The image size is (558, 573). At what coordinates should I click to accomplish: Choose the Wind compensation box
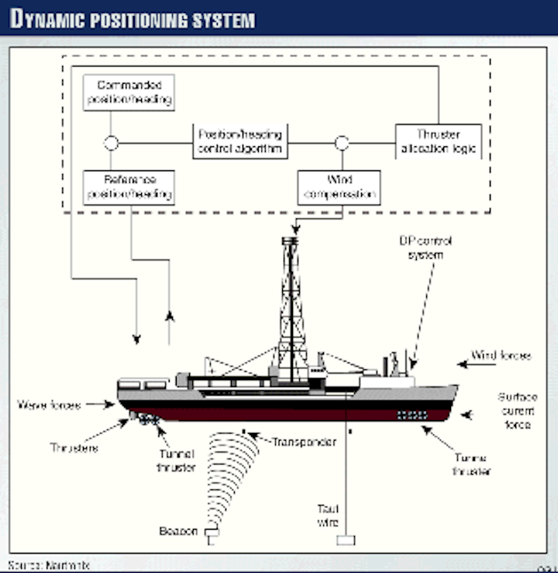coord(339,187)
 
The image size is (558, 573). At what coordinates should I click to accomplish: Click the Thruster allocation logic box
coord(438,140)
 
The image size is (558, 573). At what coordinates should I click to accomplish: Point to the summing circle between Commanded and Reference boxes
coord(111,143)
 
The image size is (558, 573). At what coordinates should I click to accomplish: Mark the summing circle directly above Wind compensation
coord(340,143)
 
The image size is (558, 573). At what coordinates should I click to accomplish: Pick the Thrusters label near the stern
coord(74,448)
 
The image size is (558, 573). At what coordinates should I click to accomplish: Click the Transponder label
coord(304,441)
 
